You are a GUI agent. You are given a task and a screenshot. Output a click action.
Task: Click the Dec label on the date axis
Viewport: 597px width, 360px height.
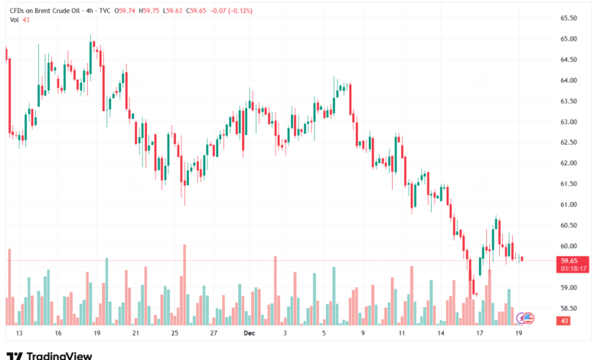[249, 334]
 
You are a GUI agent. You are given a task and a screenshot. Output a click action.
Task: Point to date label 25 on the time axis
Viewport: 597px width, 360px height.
[175, 334]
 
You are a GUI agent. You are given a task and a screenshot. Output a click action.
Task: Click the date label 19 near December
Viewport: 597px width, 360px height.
[519, 334]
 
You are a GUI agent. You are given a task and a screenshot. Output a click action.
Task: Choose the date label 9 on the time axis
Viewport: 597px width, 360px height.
[362, 334]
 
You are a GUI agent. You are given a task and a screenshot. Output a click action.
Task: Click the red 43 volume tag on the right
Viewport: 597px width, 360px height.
[565, 321]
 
